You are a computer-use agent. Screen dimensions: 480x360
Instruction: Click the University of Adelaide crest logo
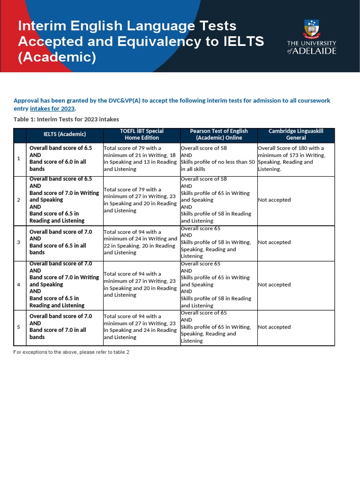(311, 30)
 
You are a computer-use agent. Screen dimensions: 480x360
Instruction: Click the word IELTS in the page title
(242, 41)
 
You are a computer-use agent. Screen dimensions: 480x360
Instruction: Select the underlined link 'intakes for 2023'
(52, 108)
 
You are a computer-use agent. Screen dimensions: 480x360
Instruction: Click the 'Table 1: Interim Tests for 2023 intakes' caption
(66, 119)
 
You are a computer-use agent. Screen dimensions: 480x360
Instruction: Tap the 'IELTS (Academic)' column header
(65, 135)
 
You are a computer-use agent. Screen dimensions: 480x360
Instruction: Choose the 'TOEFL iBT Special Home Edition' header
(142, 135)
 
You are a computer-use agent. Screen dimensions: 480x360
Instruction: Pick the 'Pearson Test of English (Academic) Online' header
(219, 135)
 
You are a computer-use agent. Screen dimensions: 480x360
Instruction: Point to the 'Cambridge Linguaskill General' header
(296, 135)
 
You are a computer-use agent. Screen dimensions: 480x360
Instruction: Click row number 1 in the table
(19, 158)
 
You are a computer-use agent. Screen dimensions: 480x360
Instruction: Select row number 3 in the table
(19, 242)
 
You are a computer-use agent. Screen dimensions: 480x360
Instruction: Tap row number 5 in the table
(19, 327)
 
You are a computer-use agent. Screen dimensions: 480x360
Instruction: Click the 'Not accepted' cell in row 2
(274, 200)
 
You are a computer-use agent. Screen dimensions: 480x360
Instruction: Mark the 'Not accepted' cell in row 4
(274, 285)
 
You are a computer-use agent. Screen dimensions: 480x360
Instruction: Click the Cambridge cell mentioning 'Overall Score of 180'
(292, 158)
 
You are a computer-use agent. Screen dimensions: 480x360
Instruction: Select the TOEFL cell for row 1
(140, 158)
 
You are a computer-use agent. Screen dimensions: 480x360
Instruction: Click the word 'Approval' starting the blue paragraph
(25, 100)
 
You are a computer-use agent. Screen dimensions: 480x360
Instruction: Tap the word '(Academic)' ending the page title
(57, 57)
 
